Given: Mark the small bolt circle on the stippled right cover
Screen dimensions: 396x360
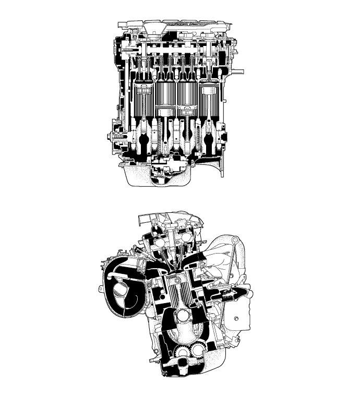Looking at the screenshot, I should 237,318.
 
